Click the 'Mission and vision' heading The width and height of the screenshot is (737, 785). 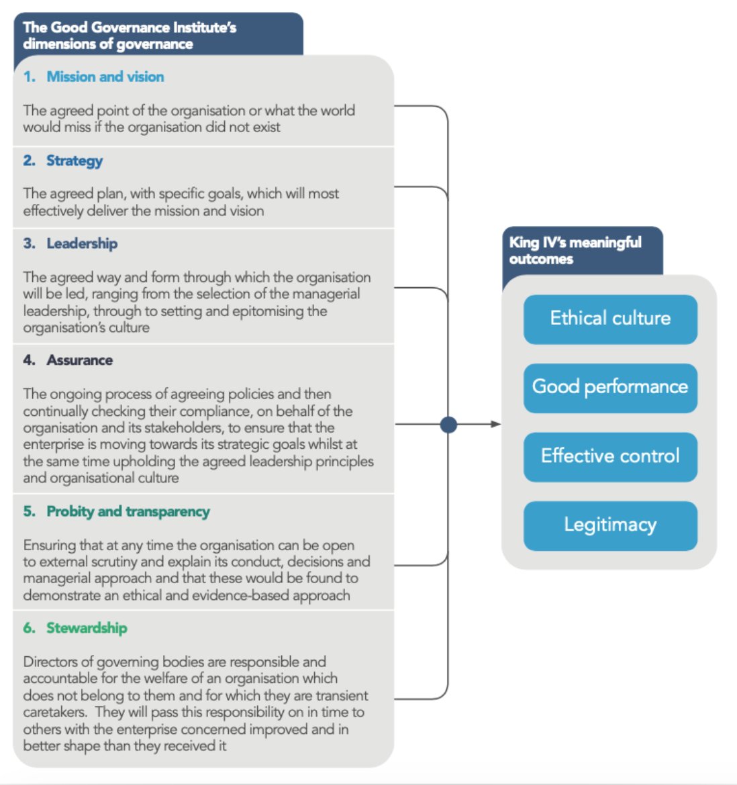click(x=105, y=76)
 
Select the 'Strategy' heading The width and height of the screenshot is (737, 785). click(x=75, y=160)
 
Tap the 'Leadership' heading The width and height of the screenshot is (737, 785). click(x=82, y=244)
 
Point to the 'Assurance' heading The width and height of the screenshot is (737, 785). click(x=79, y=360)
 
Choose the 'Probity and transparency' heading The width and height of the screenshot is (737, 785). click(x=128, y=511)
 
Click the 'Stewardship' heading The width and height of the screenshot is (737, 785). click(x=87, y=628)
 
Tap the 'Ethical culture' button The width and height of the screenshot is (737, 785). click(x=610, y=319)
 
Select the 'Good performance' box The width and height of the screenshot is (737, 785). click(x=610, y=387)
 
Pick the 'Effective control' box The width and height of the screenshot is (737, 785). click(x=610, y=456)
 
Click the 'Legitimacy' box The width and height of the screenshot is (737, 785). click(x=610, y=525)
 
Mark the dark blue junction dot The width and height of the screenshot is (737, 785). click(x=448, y=424)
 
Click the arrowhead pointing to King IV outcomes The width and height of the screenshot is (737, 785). click(x=495, y=424)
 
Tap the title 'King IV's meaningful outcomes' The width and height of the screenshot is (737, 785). click(x=575, y=250)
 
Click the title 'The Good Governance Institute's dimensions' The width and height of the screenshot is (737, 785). click(x=130, y=36)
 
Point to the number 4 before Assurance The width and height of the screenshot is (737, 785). click(x=28, y=360)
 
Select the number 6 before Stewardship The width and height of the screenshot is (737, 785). click(x=28, y=628)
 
